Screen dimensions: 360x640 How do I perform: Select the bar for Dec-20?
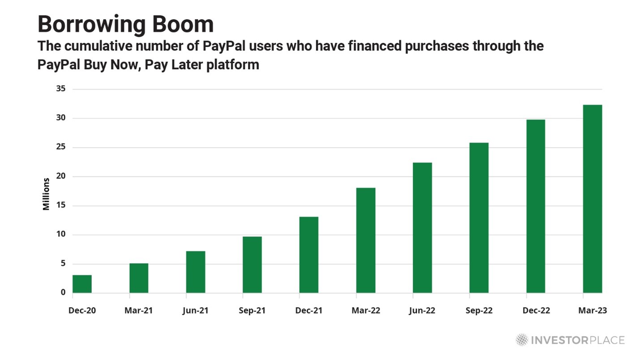(x=82, y=284)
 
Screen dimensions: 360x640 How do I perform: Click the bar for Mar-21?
(x=139, y=278)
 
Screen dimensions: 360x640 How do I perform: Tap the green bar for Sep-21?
(x=252, y=265)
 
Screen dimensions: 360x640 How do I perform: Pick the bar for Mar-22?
(x=366, y=240)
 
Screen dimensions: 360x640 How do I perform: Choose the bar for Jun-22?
(x=422, y=228)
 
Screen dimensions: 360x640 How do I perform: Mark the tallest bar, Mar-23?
(x=593, y=199)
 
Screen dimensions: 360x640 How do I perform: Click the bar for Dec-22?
(x=536, y=206)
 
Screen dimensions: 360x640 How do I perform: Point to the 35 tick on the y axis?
(x=61, y=89)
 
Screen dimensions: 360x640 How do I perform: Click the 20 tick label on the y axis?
(x=61, y=176)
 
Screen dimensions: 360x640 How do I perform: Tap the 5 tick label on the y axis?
(x=63, y=264)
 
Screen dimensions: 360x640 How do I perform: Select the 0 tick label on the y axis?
(x=63, y=292)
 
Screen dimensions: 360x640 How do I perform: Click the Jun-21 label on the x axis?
(x=195, y=311)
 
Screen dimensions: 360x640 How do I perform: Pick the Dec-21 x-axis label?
(x=308, y=311)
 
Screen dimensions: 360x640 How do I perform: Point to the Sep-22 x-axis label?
(x=478, y=311)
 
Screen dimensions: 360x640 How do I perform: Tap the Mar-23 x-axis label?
(x=592, y=311)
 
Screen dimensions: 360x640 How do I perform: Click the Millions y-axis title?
(x=46, y=194)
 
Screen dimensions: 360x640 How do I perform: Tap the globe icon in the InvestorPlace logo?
(x=521, y=340)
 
